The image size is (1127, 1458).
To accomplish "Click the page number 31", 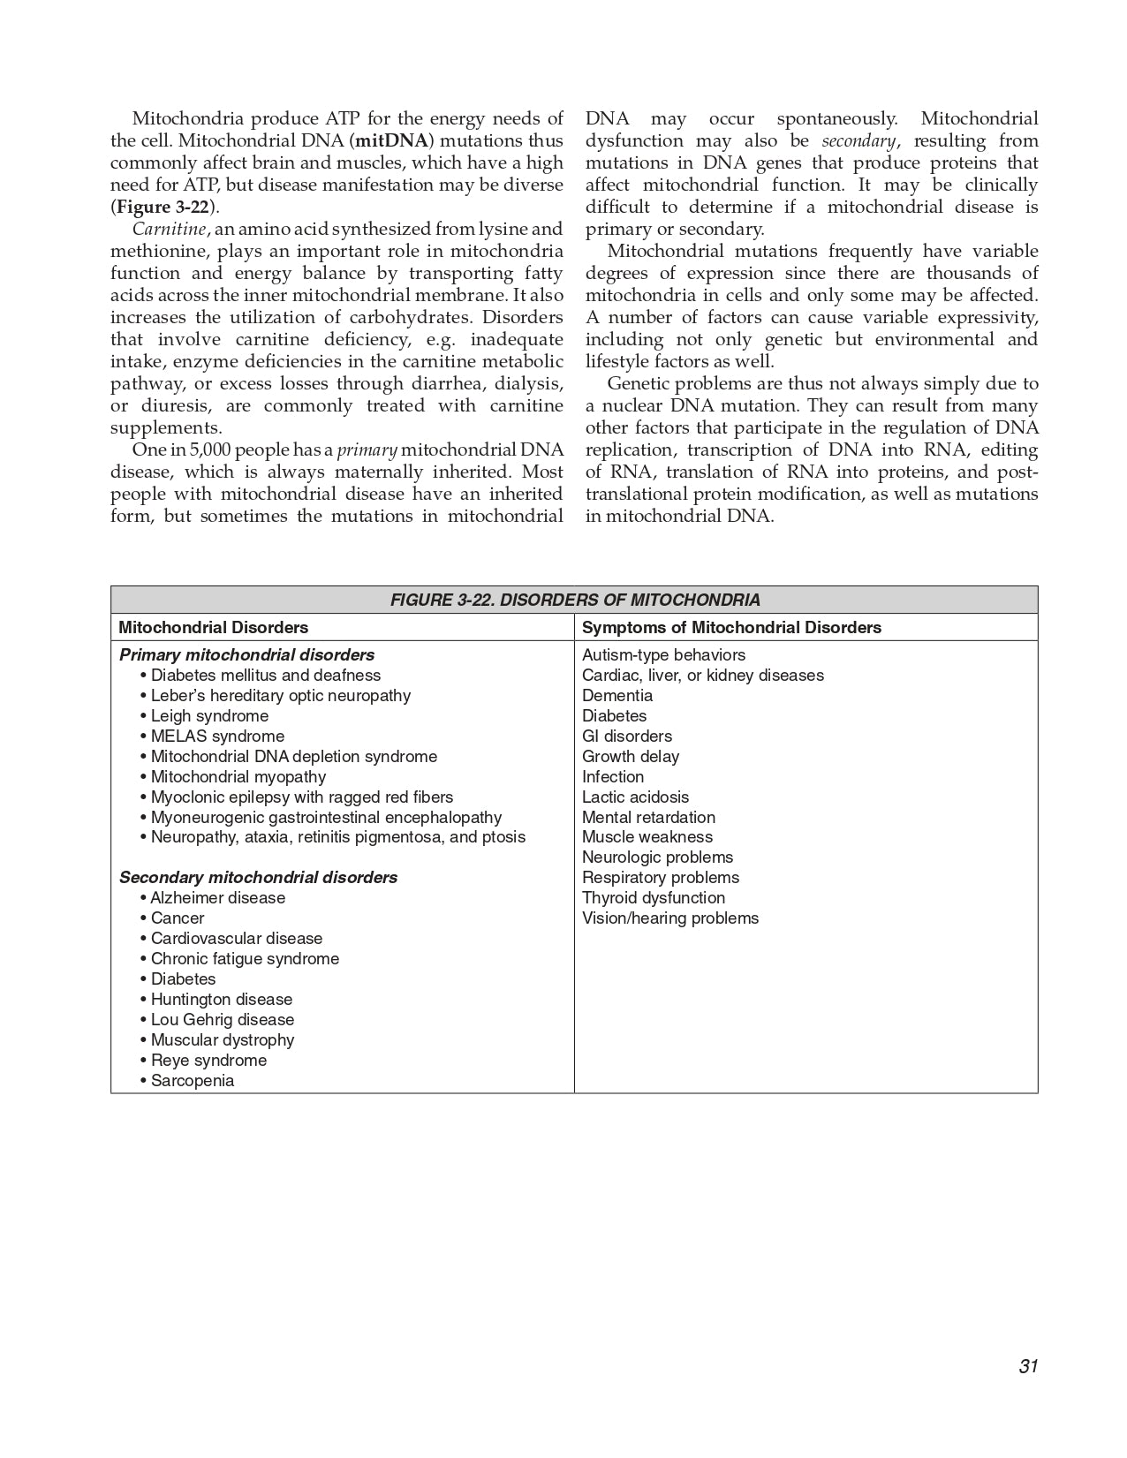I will (1027, 1366).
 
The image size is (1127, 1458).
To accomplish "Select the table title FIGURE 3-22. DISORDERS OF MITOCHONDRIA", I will (574, 600).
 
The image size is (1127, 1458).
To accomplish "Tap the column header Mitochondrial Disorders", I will (213, 627).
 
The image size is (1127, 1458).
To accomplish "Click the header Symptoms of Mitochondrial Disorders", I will (731, 627).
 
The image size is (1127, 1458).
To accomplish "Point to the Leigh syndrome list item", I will (209, 715).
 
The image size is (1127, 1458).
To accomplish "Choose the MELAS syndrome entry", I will (217, 736).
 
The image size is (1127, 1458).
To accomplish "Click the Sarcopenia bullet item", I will (193, 1080).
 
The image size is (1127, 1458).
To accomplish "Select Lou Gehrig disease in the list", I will (222, 1019).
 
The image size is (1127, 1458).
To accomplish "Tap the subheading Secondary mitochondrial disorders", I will (258, 877).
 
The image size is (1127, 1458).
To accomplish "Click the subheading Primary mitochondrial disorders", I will (246, 654).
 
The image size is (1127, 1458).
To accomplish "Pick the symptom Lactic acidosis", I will (635, 797).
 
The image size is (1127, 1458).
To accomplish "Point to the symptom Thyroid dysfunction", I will (654, 897).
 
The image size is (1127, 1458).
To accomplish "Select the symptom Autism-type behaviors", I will (663, 654).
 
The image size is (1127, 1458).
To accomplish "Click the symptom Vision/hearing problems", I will (670, 918).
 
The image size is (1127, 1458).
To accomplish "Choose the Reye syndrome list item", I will (208, 1060).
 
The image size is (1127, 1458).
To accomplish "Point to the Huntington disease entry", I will (221, 999).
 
